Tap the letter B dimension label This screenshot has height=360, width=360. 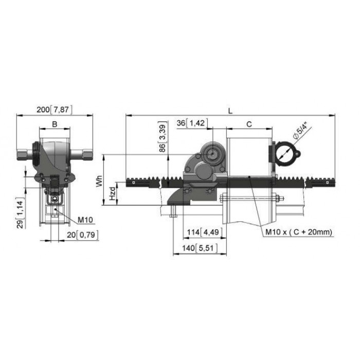coord(55,124)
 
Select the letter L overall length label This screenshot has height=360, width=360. coord(230,111)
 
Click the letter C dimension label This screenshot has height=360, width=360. coord(249,124)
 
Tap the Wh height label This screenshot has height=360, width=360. coord(99,182)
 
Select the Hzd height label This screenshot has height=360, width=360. coord(113,193)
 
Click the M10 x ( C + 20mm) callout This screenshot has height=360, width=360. coord(299,232)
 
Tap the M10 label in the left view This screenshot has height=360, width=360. coord(85,220)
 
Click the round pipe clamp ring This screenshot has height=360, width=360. coord(285,154)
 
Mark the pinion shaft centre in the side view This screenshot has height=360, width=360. coord(213,154)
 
